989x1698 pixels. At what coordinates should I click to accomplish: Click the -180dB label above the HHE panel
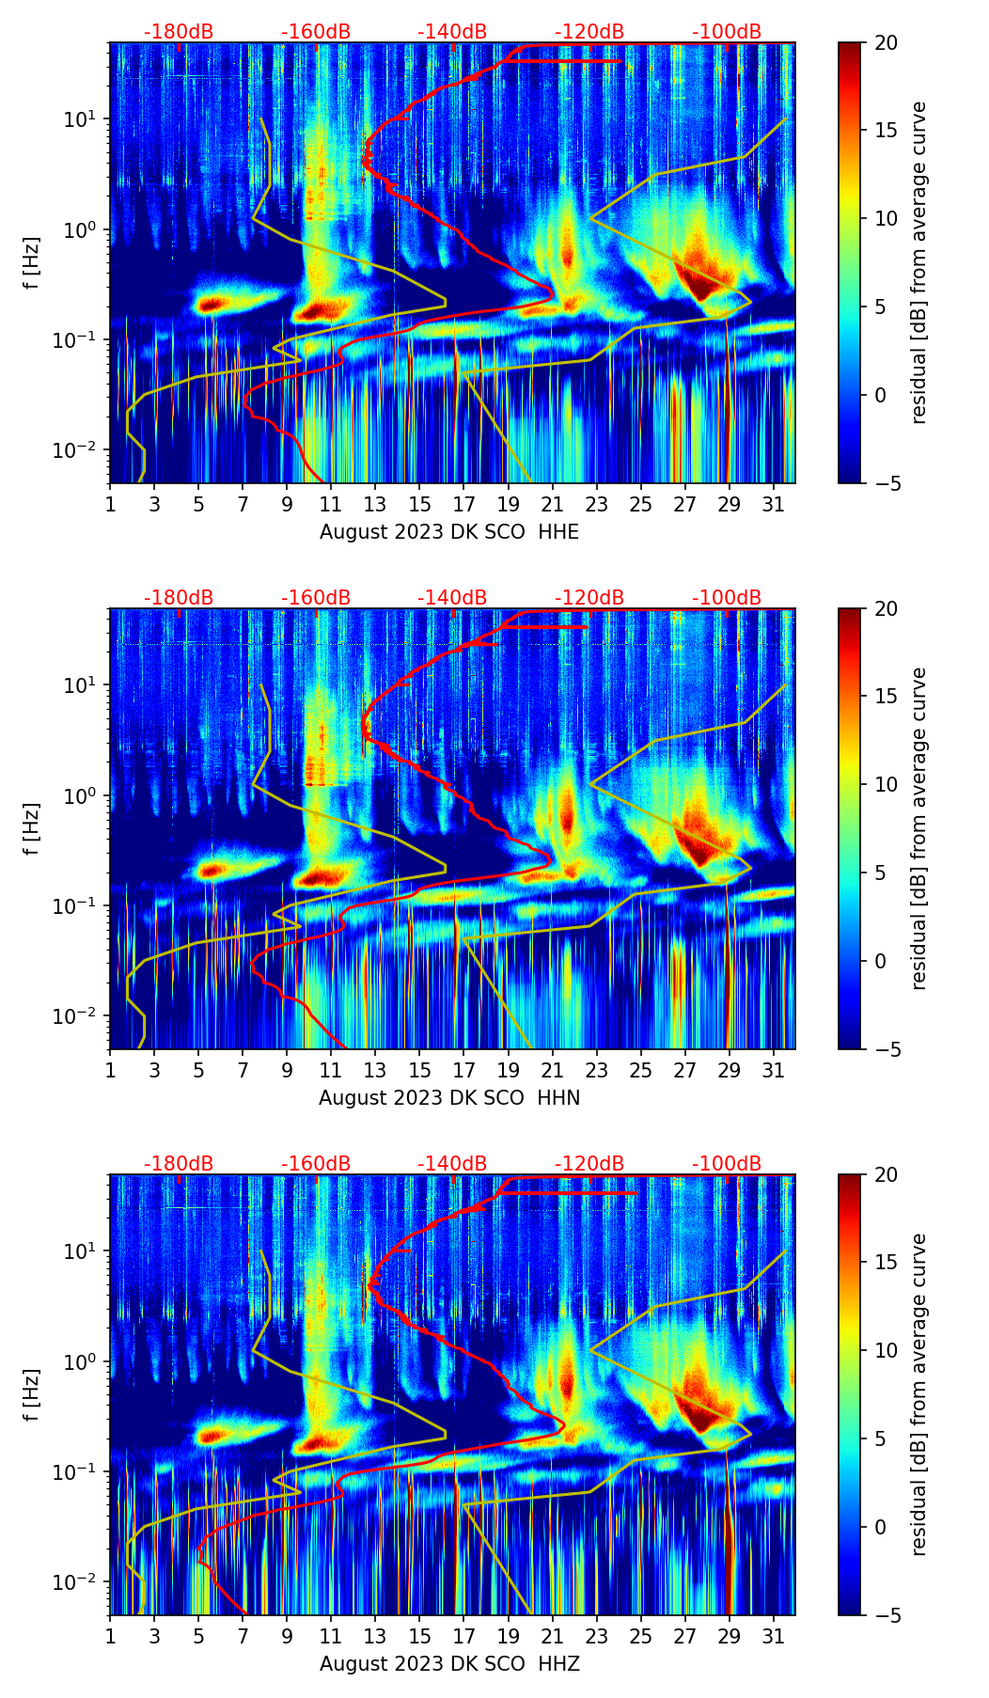(179, 32)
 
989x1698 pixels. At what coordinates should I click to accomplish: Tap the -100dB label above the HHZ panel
(727, 1164)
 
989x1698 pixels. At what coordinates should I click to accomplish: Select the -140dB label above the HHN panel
(452, 598)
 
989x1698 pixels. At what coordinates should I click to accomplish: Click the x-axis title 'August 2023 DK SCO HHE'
(449, 532)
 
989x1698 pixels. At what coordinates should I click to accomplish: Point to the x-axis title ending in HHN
(449, 1098)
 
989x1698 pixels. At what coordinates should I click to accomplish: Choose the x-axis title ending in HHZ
(449, 1664)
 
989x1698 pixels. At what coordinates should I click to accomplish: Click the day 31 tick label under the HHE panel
(774, 505)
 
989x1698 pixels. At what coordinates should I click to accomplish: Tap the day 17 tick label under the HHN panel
(464, 1071)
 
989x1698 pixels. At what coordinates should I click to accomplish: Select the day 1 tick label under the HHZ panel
(110, 1637)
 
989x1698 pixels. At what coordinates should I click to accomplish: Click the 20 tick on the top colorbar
(886, 42)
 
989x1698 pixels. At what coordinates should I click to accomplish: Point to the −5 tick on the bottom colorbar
(886, 1615)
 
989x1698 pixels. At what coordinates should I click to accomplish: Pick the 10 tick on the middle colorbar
(886, 784)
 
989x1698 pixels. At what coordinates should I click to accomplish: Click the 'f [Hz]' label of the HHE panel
(31, 263)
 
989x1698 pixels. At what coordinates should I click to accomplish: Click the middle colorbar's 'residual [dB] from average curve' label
(918, 828)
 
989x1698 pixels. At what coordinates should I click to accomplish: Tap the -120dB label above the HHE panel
(589, 32)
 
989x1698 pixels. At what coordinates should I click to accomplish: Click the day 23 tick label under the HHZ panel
(597, 1637)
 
